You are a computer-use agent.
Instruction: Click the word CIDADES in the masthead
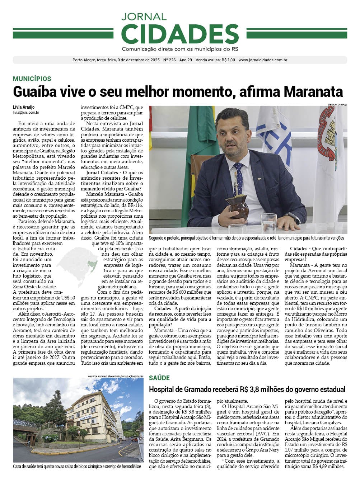[180, 34]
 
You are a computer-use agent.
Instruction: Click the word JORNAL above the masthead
[144, 16]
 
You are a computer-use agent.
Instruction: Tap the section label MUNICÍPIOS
[32, 79]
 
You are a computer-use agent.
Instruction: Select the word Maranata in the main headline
[313, 92]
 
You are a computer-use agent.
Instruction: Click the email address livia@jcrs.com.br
[26, 113]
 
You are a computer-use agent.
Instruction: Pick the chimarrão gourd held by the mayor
[238, 206]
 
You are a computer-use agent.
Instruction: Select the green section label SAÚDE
[159, 378]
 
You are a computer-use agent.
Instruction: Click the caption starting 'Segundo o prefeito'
[246, 238]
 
